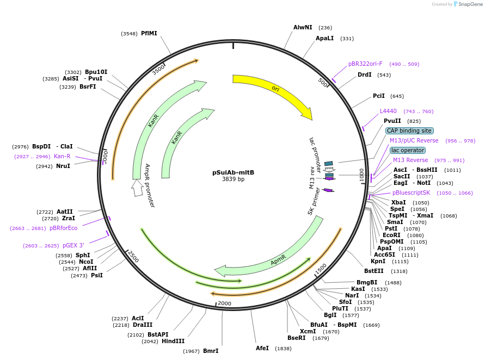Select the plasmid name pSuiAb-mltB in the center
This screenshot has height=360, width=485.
tap(233, 172)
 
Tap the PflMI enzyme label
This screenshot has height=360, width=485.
tap(149, 33)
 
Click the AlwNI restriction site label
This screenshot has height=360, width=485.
tap(303, 27)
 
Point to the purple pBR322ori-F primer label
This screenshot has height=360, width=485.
tap(365, 64)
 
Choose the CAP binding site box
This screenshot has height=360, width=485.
tap(409, 131)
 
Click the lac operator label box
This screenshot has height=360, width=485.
tap(408, 150)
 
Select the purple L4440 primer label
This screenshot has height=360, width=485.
tap(388, 111)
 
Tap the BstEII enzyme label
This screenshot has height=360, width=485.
tap(374, 271)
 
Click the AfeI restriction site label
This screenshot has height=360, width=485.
tap(262, 348)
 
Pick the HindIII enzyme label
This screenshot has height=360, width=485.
tap(173, 341)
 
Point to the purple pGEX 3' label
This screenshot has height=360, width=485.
tap(73, 245)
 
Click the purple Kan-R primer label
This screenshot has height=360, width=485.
tap(62, 156)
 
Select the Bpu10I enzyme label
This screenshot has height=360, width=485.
tap(96, 72)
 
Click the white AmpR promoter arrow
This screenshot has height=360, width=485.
tap(137, 188)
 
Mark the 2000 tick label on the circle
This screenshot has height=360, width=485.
tap(224, 303)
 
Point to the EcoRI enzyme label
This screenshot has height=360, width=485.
tap(391, 235)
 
